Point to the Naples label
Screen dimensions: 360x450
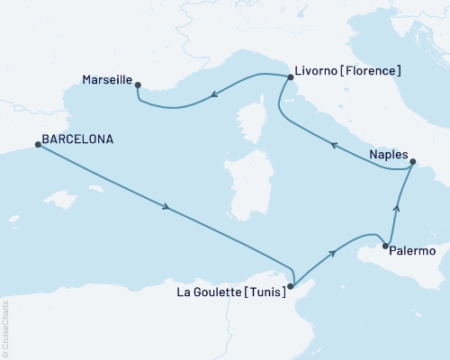387,155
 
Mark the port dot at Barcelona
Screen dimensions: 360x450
38,145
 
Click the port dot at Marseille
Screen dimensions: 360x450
138,85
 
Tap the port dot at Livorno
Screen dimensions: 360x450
290,77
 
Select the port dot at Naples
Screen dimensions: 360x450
413,163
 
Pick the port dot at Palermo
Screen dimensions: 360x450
385,246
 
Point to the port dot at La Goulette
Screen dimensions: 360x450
290,287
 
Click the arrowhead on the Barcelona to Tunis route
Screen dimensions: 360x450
166,209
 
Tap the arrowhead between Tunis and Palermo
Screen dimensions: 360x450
335,253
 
